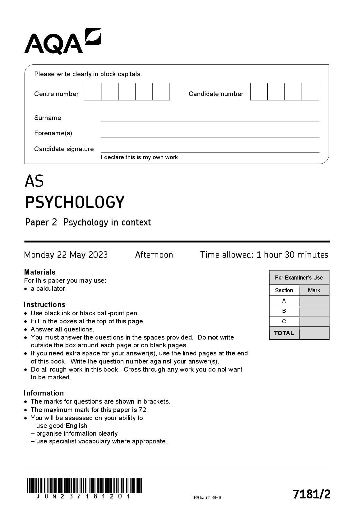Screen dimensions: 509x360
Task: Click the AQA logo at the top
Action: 62,41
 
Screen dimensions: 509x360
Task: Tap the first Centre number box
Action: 93,91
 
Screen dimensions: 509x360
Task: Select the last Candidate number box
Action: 310,91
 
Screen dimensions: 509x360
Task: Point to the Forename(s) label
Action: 53,133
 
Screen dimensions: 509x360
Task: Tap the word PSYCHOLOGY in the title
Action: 75,202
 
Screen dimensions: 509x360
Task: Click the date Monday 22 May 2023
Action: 66,255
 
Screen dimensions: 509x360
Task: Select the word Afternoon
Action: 154,255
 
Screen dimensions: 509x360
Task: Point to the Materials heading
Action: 40,272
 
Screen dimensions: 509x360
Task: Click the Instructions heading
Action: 45,304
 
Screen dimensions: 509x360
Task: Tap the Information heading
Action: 44,393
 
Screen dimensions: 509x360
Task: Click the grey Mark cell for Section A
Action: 314,301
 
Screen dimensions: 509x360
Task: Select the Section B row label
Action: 284,311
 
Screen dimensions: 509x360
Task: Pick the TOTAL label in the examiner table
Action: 284,333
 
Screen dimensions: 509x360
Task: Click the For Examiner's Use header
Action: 299,278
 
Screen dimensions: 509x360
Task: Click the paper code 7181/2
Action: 311,494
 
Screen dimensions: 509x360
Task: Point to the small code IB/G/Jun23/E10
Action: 207,497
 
